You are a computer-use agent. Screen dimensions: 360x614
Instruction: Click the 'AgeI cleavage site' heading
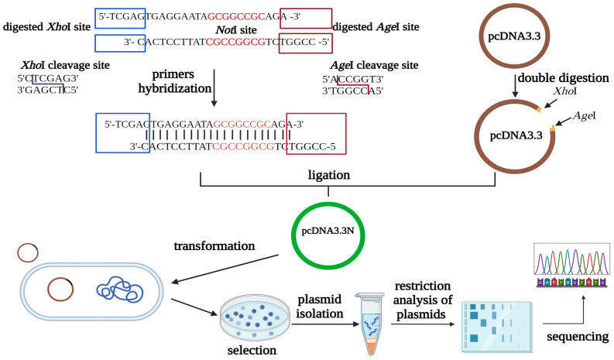(358, 64)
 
